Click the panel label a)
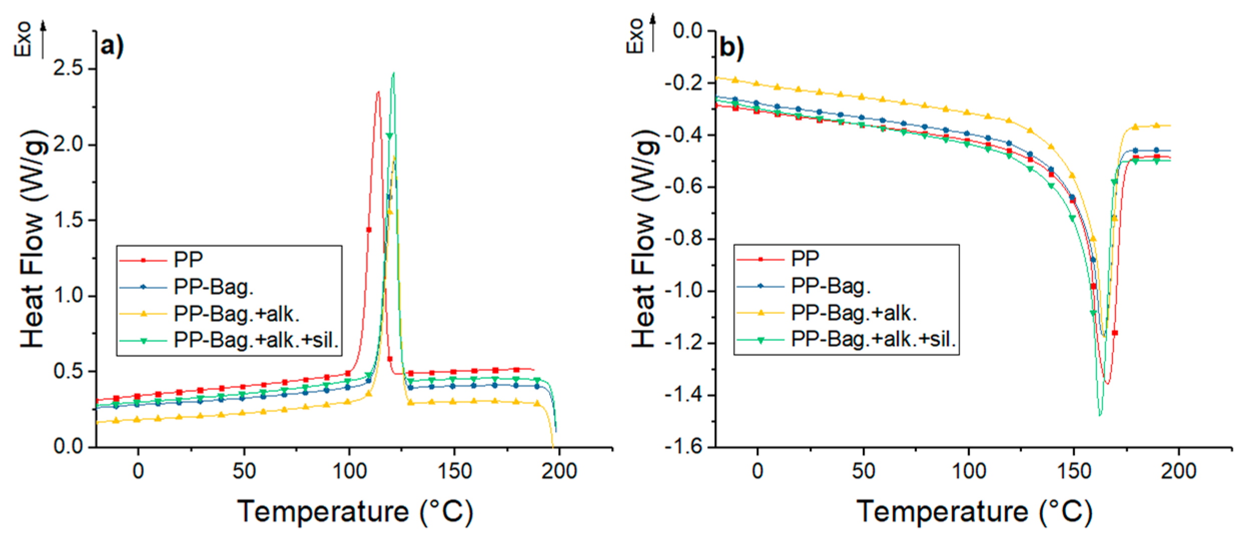tap(112, 47)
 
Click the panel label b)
tap(731, 48)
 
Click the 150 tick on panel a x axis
tap(454, 471)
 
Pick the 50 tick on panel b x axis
tap(863, 471)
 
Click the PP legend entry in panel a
tap(188, 259)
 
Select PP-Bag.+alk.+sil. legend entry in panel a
tap(256, 340)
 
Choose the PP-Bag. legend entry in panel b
tap(830, 286)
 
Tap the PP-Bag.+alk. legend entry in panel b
tap(854, 313)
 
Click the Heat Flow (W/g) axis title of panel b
tap(644, 239)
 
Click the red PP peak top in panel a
tap(378, 92)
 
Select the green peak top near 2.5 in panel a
tap(393, 74)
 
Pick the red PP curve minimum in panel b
tap(1107, 383)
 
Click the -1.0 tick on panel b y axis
tap(683, 291)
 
